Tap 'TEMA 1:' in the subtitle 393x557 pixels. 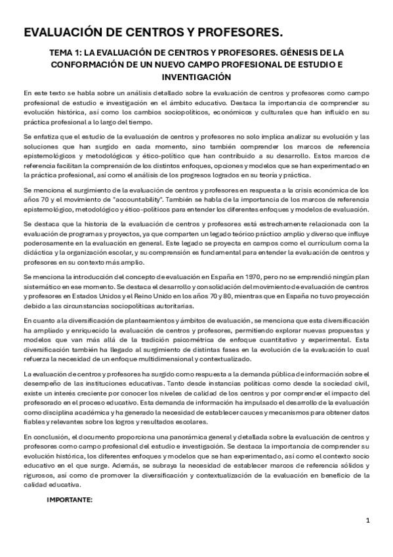tap(68, 53)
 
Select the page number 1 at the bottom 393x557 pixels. tap(369, 521)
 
